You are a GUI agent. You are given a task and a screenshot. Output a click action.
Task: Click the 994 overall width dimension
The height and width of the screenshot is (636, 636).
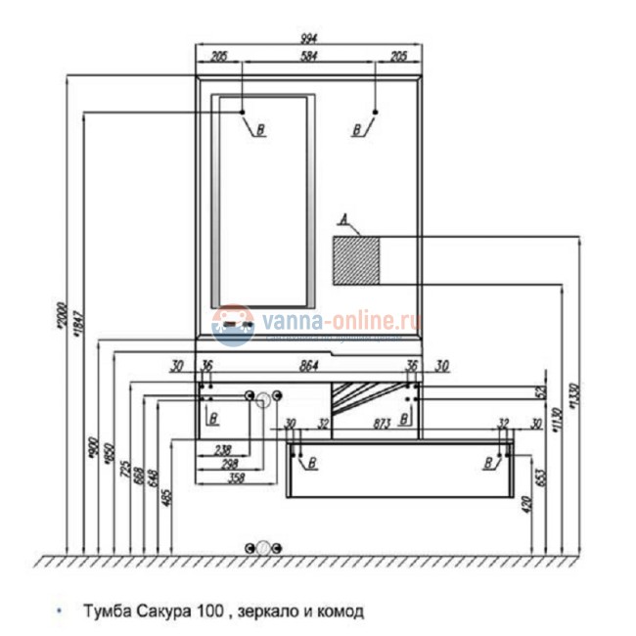coord(310,40)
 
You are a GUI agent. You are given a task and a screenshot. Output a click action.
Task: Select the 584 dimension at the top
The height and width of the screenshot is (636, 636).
coord(310,58)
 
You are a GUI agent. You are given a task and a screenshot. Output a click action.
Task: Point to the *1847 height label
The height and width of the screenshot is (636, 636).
coord(78,323)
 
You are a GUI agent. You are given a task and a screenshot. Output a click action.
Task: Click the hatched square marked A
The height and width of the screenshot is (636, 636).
coord(357,259)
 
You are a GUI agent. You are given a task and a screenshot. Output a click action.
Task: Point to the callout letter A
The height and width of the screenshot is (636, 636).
coord(342,219)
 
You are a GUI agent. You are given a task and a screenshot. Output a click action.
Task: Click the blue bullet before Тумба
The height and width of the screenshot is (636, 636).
coord(60,612)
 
